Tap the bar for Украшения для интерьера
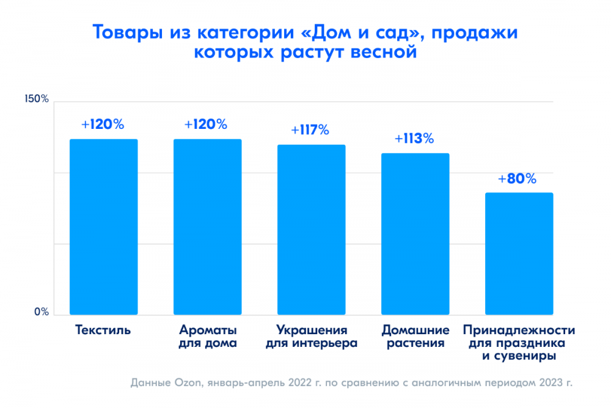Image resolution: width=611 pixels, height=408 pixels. [x=312, y=230]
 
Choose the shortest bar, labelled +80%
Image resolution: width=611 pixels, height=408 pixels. [x=519, y=253]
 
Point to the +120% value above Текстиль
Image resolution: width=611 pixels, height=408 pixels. [x=103, y=124]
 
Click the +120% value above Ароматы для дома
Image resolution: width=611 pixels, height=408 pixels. [x=206, y=124]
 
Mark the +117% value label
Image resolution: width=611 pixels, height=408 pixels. [x=310, y=129]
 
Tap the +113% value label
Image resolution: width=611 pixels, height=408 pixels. [x=414, y=138]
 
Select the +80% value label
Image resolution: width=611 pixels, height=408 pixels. [x=518, y=179]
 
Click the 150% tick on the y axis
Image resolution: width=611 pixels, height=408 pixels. [x=36, y=99]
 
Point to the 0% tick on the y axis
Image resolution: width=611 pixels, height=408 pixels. [x=41, y=312]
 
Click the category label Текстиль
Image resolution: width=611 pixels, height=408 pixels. [x=103, y=330]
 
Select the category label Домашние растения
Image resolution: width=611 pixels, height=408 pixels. [x=415, y=337]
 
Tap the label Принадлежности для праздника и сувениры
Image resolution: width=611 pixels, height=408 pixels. [x=519, y=343]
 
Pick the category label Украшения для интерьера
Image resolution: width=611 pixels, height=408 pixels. [x=312, y=337]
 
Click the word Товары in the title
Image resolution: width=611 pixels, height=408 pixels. [x=127, y=32]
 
